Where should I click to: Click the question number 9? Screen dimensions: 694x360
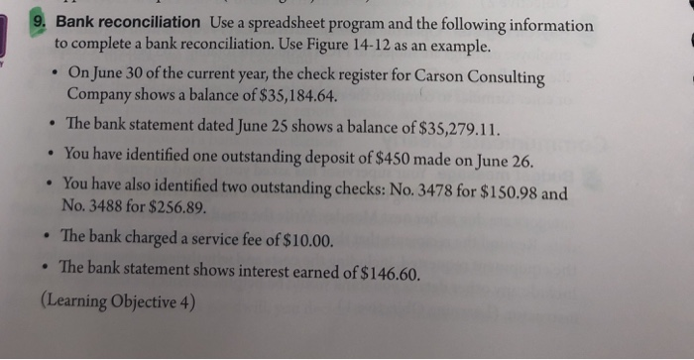tap(40, 21)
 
